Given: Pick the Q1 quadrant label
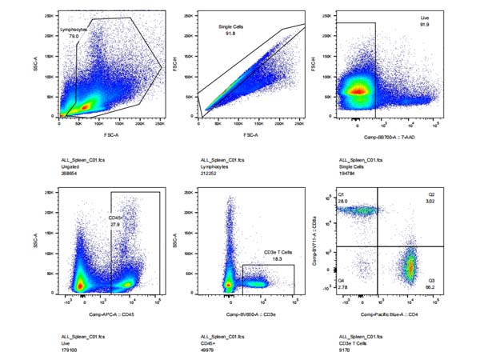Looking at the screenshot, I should (341, 194).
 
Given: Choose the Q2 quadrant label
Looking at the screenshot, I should (431, 194).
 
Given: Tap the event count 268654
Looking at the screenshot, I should (71, 171).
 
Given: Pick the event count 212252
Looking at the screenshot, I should (211, 171).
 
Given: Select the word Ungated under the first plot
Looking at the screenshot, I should (71, 166).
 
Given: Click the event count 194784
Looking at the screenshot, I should (351, 171).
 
